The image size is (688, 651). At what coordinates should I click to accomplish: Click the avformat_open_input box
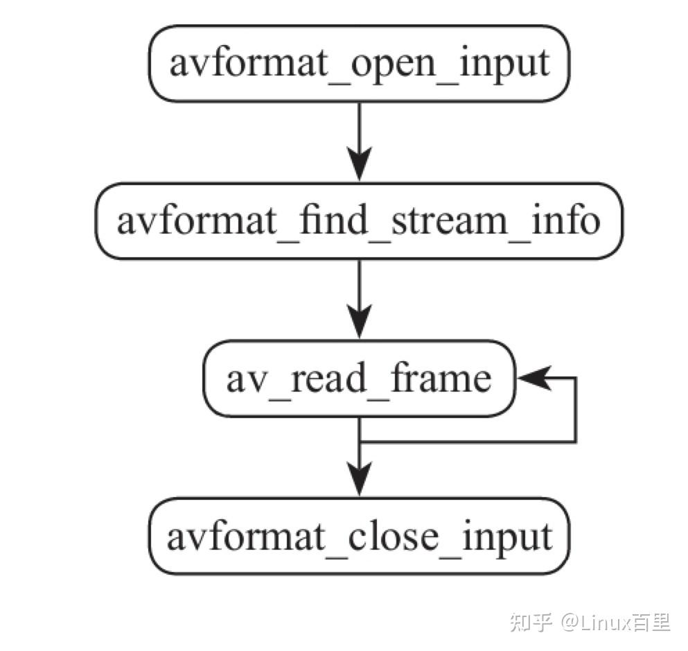pyautogui.click(x=359, y=64)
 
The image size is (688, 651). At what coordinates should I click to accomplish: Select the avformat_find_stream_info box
pyautogui.click(x=359, y=221)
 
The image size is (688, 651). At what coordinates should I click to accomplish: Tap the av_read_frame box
pyautogui.click(x=359, y=379)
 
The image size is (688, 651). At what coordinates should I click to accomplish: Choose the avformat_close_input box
pyautogui.click(x=359, y=536)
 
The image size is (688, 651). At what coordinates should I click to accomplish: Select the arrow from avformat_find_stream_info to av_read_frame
pyautogui.click(x=359, y=298)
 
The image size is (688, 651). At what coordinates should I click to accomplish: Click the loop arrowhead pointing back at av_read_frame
pyautogui.click(x=532, y=379)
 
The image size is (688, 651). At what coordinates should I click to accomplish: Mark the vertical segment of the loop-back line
pyautogui.click(x=575, y=410)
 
